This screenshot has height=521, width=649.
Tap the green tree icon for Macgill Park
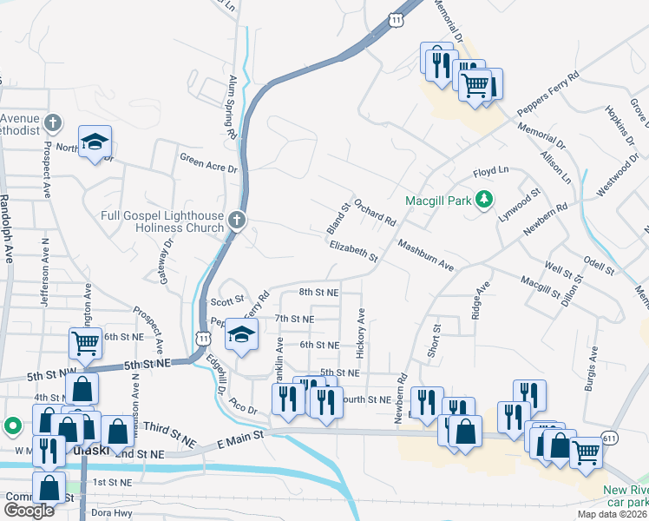485,201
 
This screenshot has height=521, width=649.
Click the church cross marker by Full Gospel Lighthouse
237,219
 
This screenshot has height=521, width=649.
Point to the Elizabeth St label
353,252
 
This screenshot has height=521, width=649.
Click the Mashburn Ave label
426,255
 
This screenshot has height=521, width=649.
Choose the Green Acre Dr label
208,158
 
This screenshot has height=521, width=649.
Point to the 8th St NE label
318,293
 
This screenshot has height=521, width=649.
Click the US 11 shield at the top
395,19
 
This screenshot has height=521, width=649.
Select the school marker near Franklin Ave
242,334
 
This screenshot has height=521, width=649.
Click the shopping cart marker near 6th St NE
86,343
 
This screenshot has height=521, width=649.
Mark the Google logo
29,511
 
